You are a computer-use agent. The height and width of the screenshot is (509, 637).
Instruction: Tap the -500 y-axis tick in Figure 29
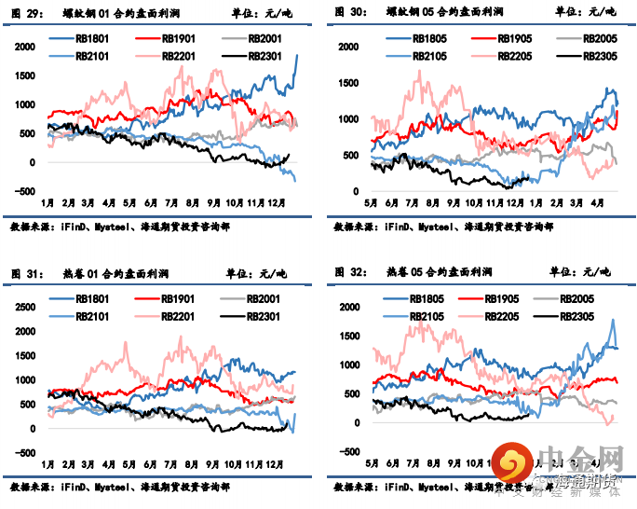coord(25,191)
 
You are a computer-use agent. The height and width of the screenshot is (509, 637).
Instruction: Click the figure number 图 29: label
coord(26,12)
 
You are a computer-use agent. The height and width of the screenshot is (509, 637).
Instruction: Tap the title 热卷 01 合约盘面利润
coord(113,272)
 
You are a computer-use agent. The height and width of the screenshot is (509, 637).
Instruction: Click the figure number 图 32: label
coord(348,272)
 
